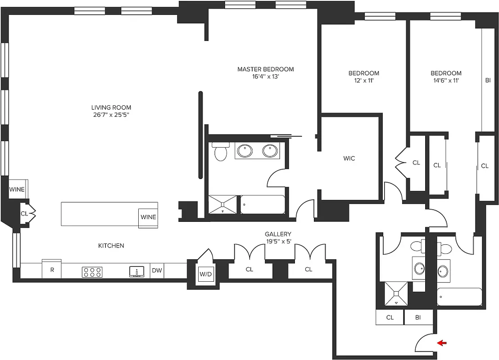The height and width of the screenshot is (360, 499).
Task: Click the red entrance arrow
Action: tap(442, 343)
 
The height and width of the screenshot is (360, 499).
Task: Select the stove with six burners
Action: tap(92, 272)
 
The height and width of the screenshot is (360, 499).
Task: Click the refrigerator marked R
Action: tap(52, 270)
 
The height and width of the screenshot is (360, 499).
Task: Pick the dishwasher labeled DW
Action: tap(157, 271)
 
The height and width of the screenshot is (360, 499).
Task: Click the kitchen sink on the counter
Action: tap(136, 272)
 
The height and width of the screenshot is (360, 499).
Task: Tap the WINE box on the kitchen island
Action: tap(148, 217)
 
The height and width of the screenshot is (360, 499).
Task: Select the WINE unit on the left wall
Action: tap(17, 189)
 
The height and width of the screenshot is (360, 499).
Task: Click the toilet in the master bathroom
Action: tap(221, 152)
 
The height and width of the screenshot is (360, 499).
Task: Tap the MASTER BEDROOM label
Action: tap(265, 69)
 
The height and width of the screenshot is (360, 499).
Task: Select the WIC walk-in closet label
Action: tap(349, 158)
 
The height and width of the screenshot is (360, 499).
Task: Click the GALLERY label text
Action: tap(277, 234)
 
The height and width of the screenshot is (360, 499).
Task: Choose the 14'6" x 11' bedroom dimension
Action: tap(446, 81)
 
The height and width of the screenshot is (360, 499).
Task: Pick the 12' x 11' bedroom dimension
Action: tap(363, 81)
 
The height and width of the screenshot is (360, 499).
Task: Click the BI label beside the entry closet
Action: tap(418, 318)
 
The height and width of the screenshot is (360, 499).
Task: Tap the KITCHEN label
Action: tap(111, 246)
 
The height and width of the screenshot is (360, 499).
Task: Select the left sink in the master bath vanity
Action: tap(245, 151)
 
